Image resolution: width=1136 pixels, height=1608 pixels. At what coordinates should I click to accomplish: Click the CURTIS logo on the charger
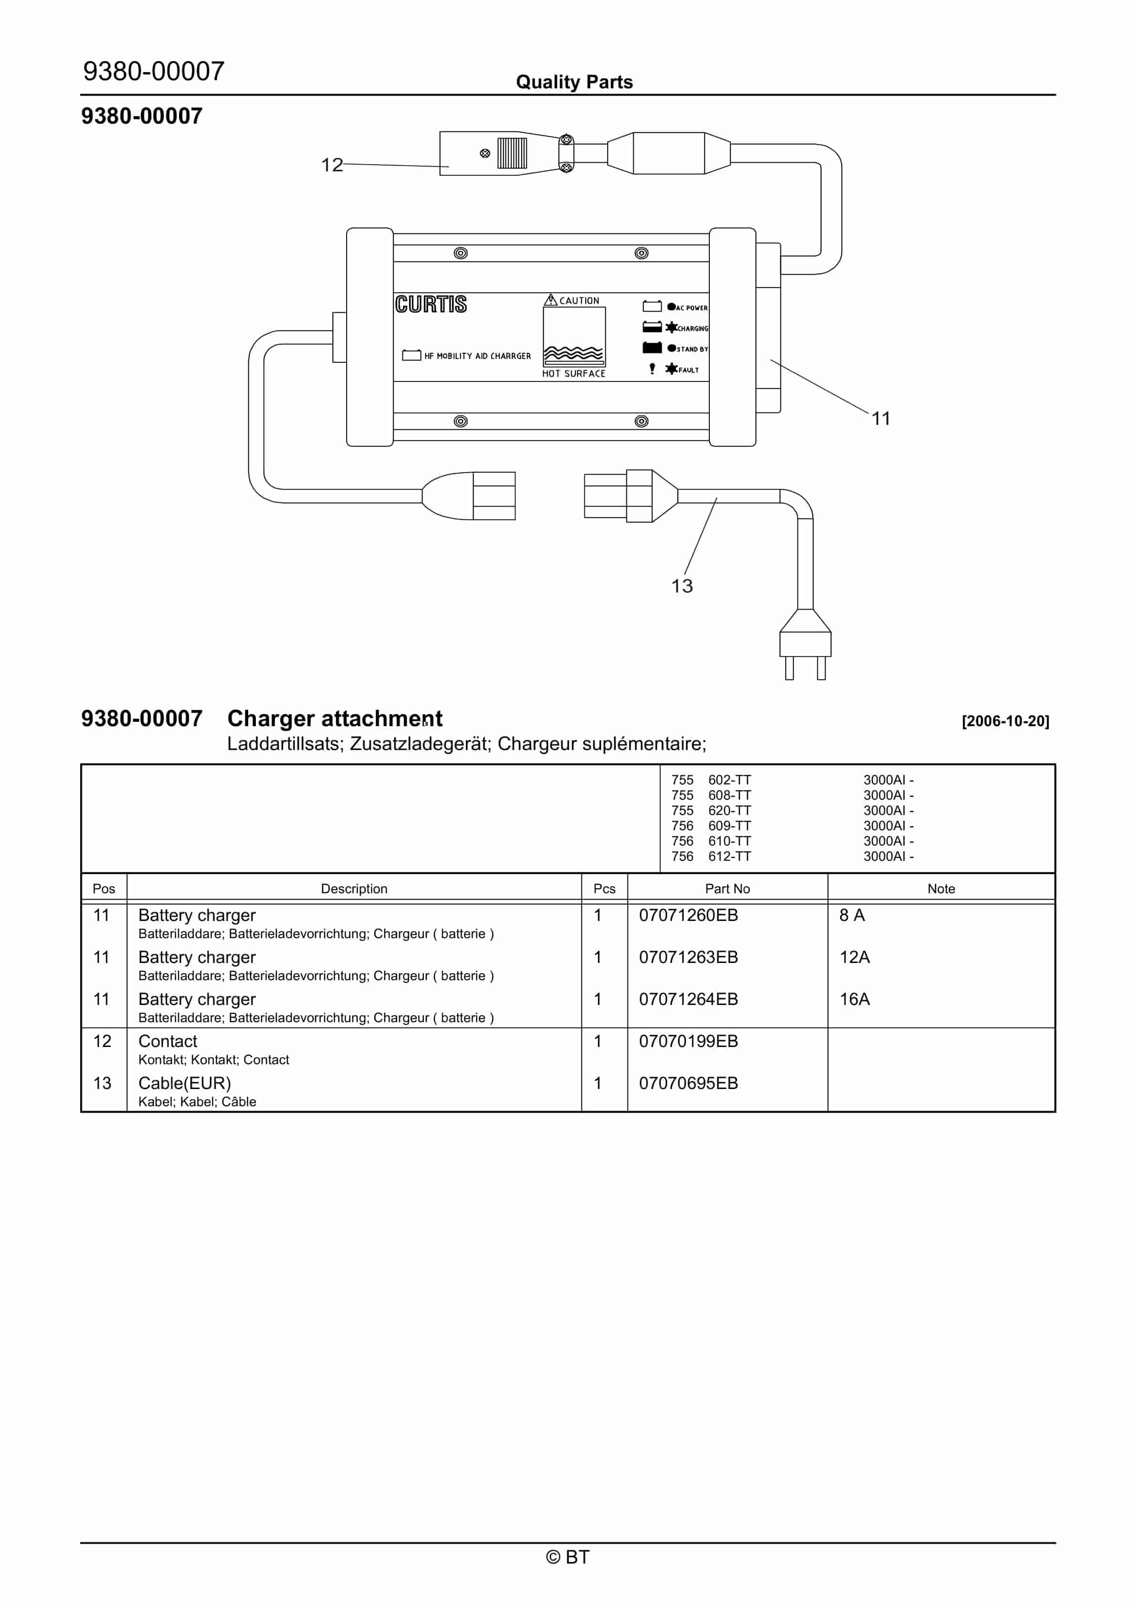point(431,304)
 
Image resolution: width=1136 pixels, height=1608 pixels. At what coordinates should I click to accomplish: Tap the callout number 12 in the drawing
point(332,165)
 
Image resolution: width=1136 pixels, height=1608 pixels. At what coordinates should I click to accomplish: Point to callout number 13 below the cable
point(682,586)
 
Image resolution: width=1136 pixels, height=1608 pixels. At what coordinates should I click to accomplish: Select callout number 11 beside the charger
point(880,419)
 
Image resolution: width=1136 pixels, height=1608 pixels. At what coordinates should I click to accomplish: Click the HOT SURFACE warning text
point(574,374)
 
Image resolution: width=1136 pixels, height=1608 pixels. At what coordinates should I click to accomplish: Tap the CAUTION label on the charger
point(579,300)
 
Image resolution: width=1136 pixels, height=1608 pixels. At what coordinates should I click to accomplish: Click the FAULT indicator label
point(688,370)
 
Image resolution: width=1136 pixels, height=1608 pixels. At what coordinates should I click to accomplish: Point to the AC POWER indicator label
point(691,307)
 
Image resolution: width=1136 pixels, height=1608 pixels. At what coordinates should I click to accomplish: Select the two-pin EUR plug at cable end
point(805,645)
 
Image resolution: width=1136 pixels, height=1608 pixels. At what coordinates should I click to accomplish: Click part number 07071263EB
point(688,957)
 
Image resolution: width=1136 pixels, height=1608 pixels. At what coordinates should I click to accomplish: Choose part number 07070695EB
point(688,1083)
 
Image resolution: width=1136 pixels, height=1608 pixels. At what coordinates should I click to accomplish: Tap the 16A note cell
point(854,999)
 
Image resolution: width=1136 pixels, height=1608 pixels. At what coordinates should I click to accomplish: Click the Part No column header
point(727,889)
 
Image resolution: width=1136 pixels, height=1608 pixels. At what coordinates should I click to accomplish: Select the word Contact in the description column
point(168,1041)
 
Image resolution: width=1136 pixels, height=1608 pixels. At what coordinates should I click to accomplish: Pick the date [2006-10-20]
point(1005,721)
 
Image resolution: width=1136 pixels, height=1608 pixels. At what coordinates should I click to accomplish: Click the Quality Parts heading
point(574,82)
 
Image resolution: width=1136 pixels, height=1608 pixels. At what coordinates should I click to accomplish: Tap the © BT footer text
point(568,1557)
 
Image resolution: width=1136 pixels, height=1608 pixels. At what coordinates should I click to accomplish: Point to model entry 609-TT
point(729,825)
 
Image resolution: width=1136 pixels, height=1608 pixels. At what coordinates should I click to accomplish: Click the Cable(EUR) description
point(184,1083)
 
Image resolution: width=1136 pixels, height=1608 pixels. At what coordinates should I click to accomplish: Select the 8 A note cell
point(852,915)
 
